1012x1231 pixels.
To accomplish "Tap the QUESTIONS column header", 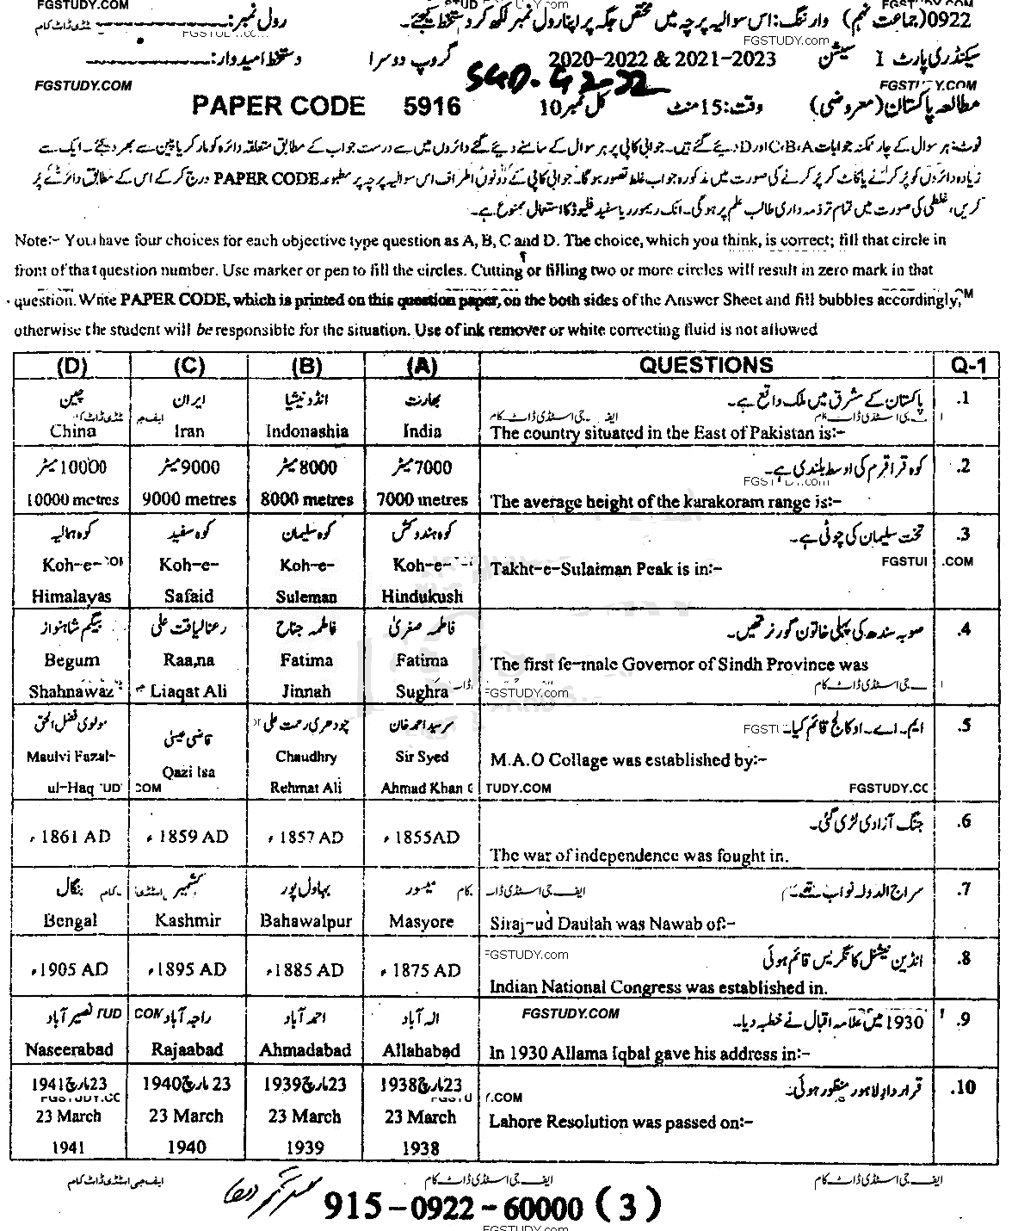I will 706,365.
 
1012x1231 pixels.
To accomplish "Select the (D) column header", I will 72,366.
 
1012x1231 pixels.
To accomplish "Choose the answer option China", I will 73,431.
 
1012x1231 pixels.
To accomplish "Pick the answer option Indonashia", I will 307,431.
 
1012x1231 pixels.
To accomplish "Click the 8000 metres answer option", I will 307,499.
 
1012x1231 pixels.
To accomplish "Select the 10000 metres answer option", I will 73,499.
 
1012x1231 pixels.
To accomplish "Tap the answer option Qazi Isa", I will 188,771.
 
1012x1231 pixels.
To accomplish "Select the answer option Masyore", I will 421,921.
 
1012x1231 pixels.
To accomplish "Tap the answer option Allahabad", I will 421,1050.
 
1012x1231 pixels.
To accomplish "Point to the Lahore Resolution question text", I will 620,1122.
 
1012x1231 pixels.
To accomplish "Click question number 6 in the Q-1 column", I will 965,821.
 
